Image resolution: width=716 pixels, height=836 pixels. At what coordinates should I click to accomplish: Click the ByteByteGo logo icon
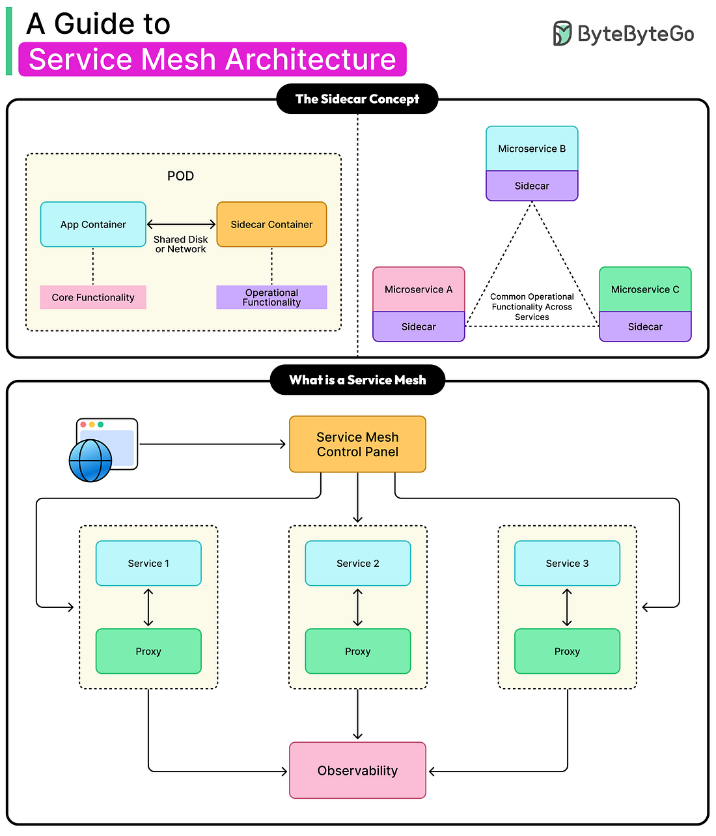click(562, 33)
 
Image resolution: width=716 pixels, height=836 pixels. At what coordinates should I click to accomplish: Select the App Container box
click(93, 224)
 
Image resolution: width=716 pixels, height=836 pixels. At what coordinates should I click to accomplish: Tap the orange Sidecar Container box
click(271, 224)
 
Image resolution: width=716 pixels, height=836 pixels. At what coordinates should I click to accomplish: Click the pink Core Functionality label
click(93, 297)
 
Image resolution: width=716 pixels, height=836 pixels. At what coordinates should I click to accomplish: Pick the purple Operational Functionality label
click(271, 297)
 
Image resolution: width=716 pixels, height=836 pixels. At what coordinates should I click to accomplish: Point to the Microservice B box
click(532, 149)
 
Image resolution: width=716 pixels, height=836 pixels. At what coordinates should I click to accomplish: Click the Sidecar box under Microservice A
click(419, 326)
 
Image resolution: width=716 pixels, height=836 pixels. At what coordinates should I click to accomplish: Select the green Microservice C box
click(645, 289)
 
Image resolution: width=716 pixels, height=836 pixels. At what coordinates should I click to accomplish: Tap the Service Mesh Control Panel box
click(357, 444)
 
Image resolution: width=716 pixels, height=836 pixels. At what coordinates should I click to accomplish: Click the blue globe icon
click(90, 460)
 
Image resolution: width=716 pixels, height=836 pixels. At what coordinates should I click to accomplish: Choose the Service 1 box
click(148, 563)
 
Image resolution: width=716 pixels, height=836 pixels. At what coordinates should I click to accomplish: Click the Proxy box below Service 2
click(357, 651)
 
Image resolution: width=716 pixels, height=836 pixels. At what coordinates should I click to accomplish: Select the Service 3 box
click(567, 563)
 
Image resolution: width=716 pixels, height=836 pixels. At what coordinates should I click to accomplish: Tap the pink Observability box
click(357, 770)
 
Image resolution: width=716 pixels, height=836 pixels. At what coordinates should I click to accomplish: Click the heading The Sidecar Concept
click(357, 99)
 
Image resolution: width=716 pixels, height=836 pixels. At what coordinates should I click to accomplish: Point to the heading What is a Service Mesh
click(357, 380)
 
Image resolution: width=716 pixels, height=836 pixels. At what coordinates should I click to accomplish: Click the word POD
click(180, 176)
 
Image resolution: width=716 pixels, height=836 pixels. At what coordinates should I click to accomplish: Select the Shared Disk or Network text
click(180, 244)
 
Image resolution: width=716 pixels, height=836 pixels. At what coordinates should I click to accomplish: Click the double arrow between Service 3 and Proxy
click(567, 607)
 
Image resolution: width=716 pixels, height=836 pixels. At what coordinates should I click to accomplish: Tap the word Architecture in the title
click(310, 59)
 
